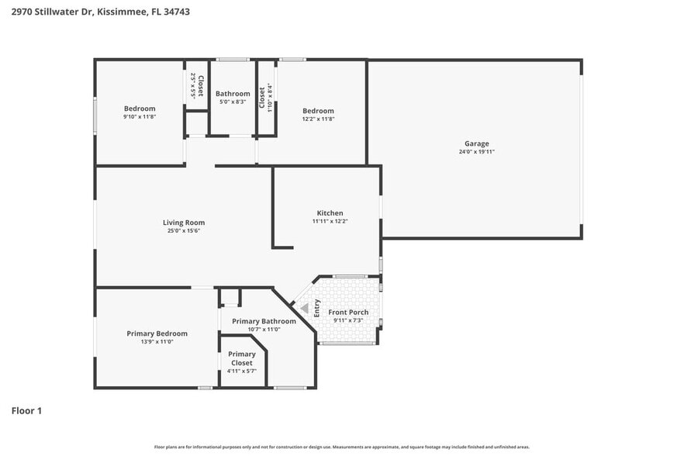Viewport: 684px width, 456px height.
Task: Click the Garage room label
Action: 476,143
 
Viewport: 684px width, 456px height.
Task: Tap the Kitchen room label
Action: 330,213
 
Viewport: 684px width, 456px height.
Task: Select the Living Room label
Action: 184,223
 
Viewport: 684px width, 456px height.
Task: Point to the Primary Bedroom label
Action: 157,333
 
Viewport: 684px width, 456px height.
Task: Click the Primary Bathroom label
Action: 264,321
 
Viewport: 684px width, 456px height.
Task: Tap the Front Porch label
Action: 348,313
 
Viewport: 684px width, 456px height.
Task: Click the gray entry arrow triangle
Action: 305,309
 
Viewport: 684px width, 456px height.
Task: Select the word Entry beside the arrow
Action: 316,308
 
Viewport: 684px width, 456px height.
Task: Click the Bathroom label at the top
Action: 233,94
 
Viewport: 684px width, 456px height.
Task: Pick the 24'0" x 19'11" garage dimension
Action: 476,152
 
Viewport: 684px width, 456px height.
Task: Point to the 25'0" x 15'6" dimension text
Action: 184,231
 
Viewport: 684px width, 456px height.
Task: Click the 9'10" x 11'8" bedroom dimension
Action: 140,117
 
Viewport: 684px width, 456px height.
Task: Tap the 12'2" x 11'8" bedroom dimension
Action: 318,119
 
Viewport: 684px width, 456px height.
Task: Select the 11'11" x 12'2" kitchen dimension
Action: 330,222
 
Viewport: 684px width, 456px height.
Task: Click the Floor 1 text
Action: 26,410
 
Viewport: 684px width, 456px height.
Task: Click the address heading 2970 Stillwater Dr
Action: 101,12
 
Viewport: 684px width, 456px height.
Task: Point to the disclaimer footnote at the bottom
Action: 341,447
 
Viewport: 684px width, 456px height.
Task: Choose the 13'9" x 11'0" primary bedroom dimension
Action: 157,342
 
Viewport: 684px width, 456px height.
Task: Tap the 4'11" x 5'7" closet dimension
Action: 242,371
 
